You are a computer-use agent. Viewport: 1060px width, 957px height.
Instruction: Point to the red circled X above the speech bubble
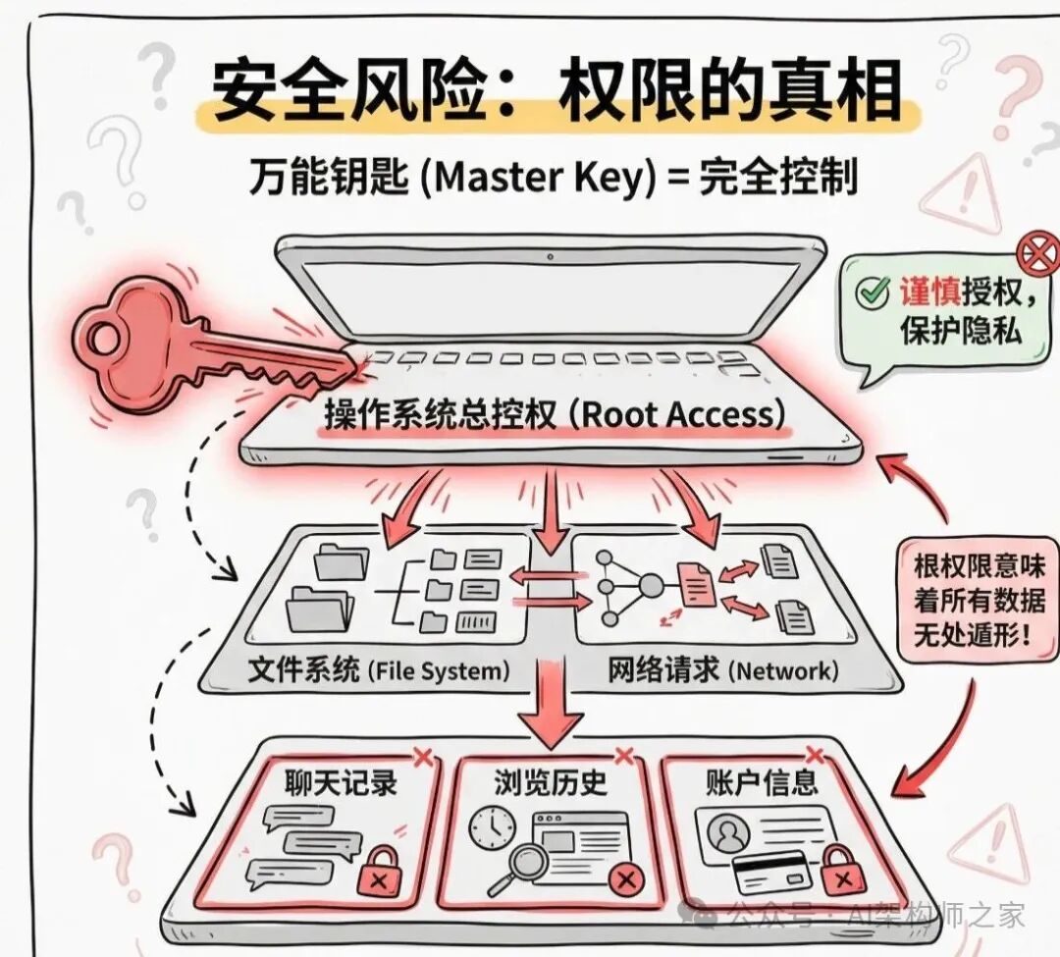point(1038,254)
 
